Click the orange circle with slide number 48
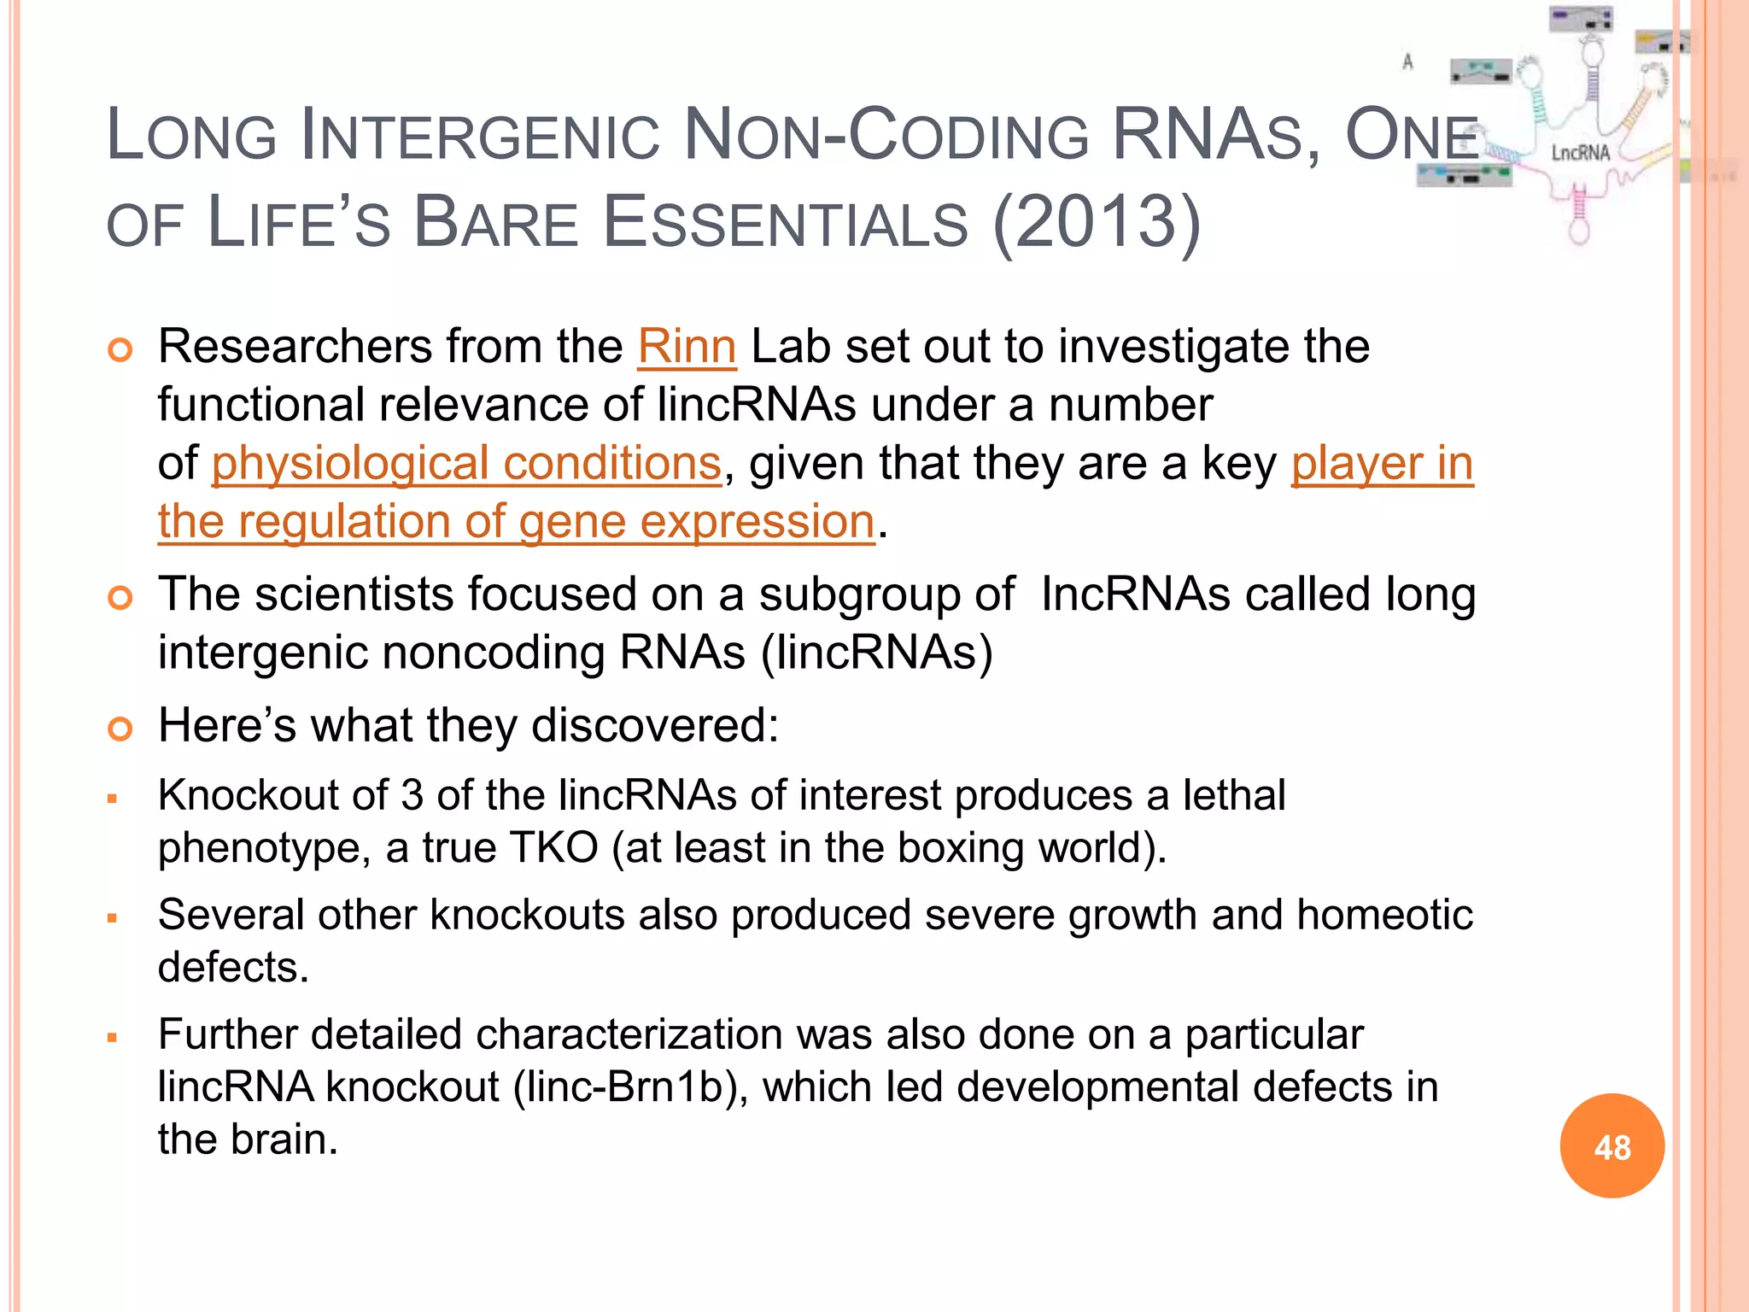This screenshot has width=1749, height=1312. coord(1612,1146)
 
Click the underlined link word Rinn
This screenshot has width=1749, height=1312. coord(687,347)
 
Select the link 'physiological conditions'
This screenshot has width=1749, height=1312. coord(466,464)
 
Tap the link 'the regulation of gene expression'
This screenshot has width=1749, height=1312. coord(517,522)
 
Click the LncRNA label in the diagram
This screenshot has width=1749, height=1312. coord(1580,153)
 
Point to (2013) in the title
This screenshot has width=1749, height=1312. coord(1097,222)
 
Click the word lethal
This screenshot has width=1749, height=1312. coord(1234,795)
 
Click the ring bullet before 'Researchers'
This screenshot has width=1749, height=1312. coord(120,350)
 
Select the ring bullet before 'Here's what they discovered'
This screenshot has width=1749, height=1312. coord(120,729)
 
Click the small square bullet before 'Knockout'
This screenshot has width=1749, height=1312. coord(112,799)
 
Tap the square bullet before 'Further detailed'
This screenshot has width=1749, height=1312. coord(112,1038)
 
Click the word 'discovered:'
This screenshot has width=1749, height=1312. coord(655,726)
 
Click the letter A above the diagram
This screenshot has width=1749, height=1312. coord(1407,61)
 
